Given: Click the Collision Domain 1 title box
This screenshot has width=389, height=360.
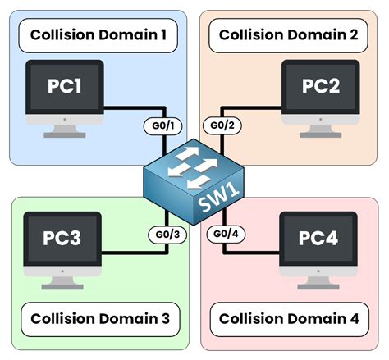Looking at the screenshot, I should (x=98, y=37).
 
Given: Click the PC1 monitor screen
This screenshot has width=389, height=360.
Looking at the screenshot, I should (x=64, y=85).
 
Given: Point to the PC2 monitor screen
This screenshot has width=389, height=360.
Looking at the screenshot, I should (x=320, y=85).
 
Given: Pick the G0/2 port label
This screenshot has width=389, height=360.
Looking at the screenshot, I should (x=222, y=125).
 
